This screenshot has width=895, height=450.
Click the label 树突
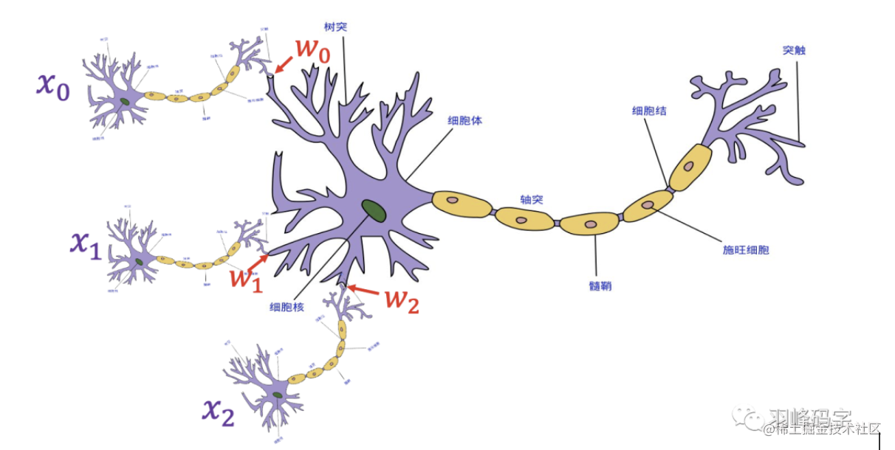click(335, 27)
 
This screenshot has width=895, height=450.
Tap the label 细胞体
click(464, 120)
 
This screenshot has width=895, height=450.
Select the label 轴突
click(531, 199)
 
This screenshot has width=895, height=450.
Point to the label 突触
click(794, 51)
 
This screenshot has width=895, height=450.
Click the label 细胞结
click(649, 111)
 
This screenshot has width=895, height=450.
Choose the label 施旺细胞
click(745, 250)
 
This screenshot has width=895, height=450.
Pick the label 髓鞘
click(600, 285)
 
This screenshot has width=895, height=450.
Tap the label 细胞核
click(287, 307)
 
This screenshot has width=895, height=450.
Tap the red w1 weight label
click(244, 279)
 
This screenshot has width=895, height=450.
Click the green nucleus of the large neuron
click(374, 211)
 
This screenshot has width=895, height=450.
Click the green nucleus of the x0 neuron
click(125, 102)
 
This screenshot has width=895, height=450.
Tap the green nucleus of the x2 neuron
click(277, 396)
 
